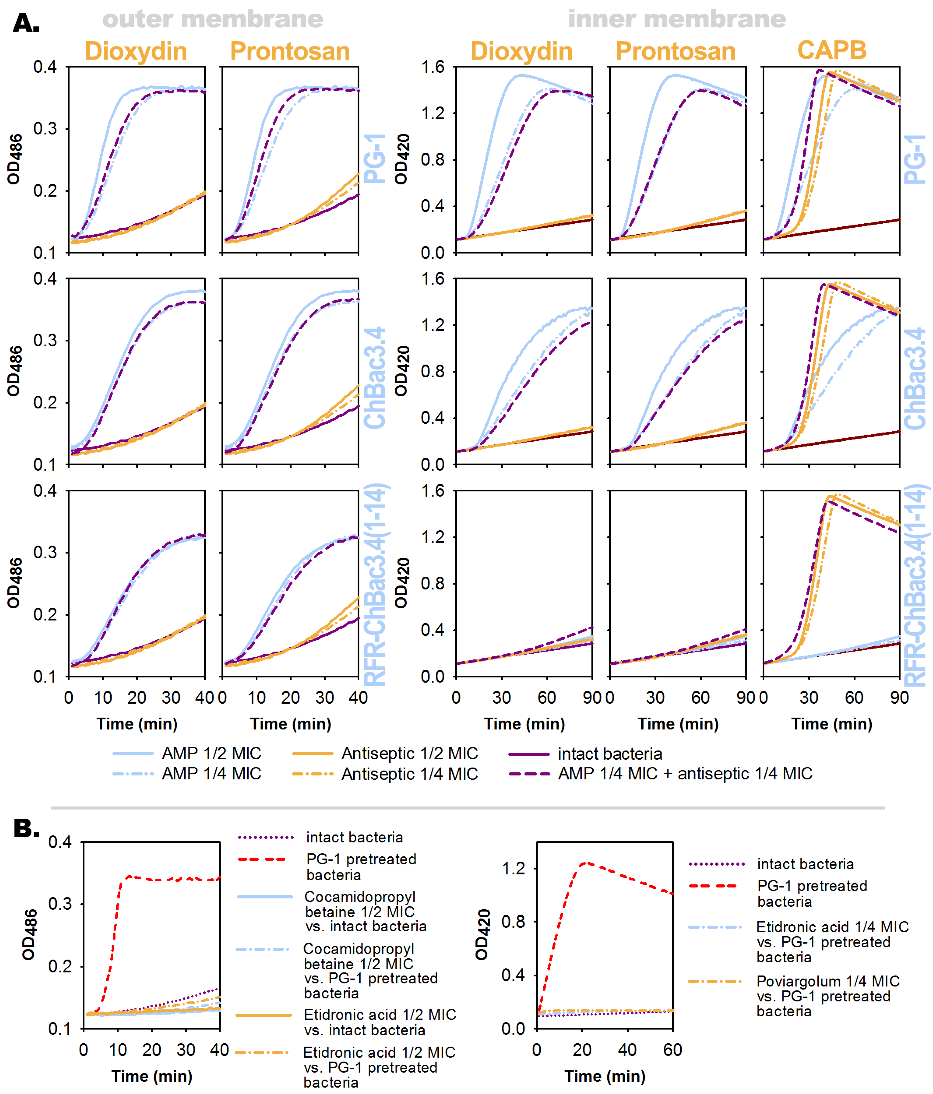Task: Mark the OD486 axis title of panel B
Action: coord(29,935)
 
